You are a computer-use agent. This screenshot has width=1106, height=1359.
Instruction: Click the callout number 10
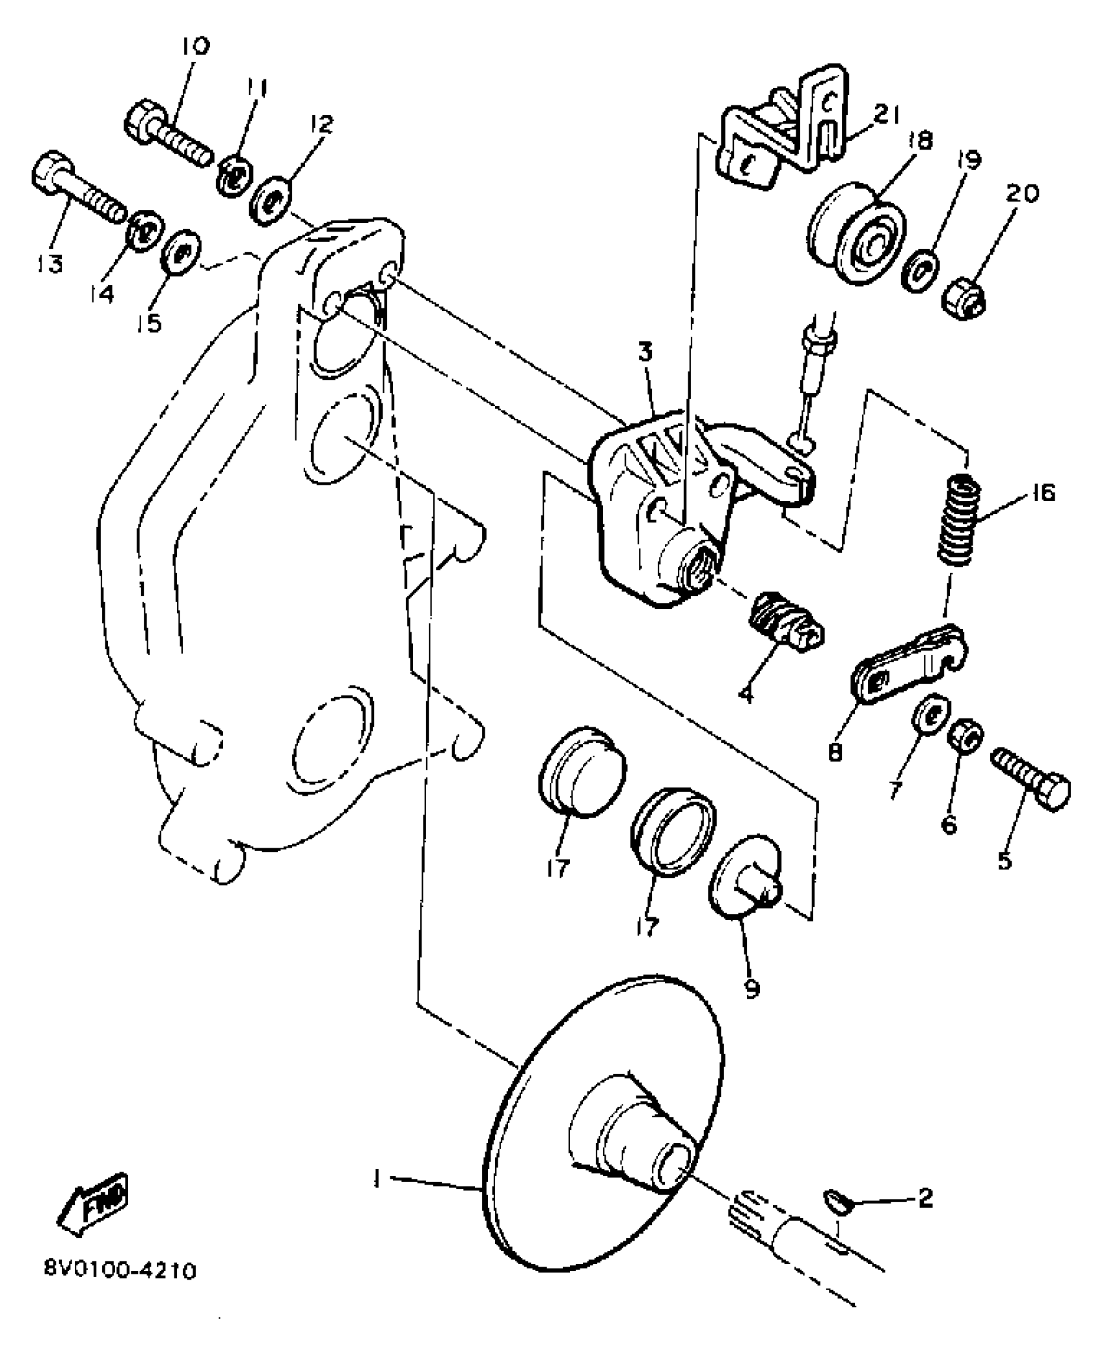point(196,47)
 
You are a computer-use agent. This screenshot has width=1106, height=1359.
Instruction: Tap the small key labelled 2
point(833,1202)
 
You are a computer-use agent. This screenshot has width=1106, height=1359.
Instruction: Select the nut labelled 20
point(964,299)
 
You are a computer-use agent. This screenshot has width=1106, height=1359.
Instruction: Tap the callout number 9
point(751,1006)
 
